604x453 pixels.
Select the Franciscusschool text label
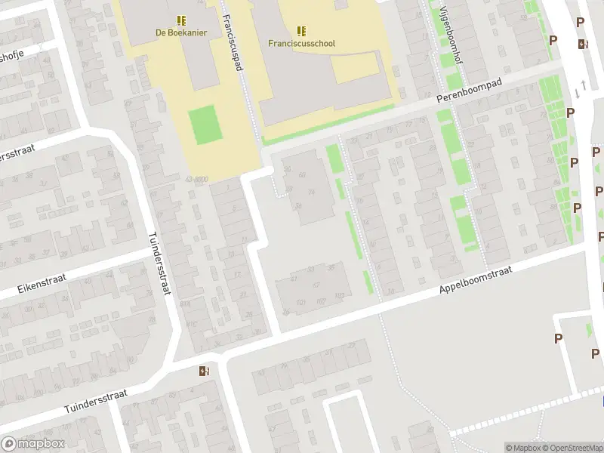click(x=301, y=43)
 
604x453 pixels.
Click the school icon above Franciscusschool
click(x=301, y=30)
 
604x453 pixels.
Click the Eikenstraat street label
click(x=42, y=284)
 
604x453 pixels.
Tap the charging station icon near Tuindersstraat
click(x=203, y=371)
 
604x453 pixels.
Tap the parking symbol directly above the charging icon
click(x=580, y=23)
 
